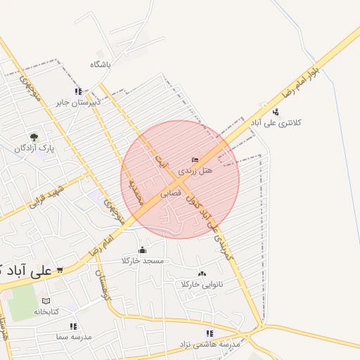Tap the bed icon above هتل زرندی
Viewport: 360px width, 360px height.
click(x=195, y=160)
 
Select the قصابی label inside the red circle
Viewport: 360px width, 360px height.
click(x=171, y=191)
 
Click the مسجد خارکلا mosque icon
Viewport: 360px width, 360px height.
click(x=143, y=250)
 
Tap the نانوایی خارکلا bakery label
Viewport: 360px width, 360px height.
click(x=202, y=284)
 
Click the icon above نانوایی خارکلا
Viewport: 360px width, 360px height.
click(x=202, y=274)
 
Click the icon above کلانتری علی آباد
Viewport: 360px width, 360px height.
click(x=276, y=111)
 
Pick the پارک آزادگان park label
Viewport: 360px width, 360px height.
click(x=36, y=148)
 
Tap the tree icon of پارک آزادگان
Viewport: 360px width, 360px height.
click(x=34, y=136)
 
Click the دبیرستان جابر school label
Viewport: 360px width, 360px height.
click(x=79, y=102)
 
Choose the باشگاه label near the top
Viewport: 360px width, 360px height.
click(x=101, y=64)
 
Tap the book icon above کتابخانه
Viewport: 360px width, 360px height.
click(x=46, y=300)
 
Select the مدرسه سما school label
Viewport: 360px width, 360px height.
click(x=72, y=337)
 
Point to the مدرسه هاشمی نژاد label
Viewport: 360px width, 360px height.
click(x=214, y=345)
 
